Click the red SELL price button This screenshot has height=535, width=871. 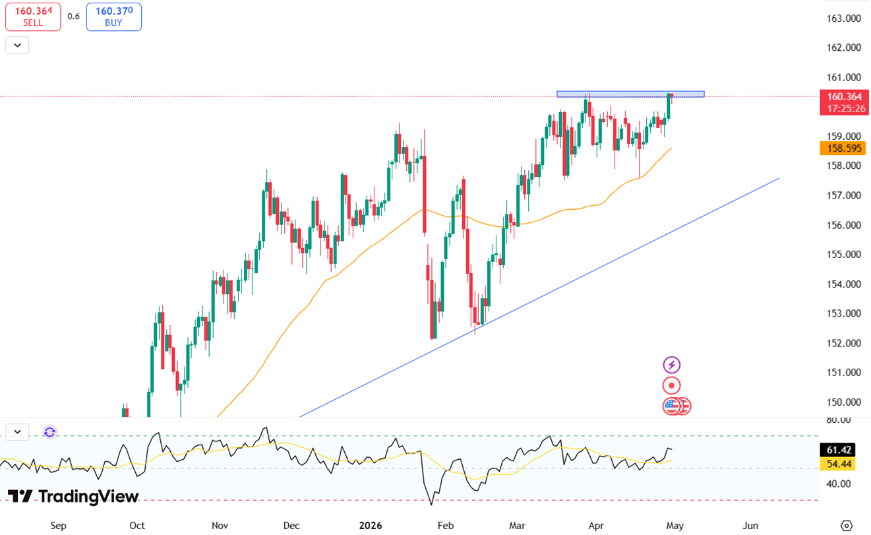(33, 16)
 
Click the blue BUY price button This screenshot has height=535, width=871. (113, 16)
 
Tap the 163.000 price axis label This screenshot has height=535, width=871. (844, 18)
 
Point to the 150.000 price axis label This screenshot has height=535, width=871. (844, 402)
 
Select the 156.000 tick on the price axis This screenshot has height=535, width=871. (844, 225)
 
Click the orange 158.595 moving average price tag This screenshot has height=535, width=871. (844, 148)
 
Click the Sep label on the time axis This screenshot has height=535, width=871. (59, 526)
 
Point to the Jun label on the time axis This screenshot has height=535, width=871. (750, 526)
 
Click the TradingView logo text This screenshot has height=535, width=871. (74, 497)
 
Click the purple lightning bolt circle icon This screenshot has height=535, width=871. (671, 365)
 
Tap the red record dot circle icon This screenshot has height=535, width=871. (671, 386)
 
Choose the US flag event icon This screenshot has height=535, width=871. (672, 406)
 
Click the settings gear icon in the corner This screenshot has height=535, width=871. (847, 526)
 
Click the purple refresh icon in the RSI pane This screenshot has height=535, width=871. (49, 432)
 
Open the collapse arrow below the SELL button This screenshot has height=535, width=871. (17, 46)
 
